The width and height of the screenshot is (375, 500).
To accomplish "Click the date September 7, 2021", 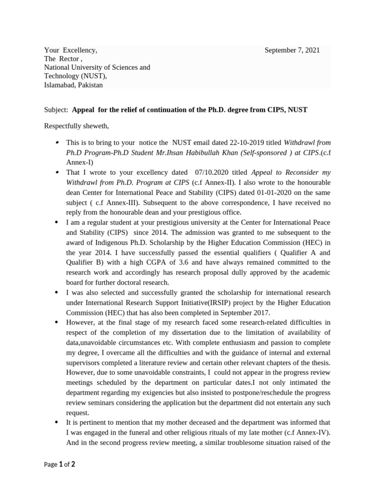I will click(x=292, y=50).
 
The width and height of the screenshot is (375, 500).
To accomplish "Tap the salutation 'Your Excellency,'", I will click(x=71, y=50).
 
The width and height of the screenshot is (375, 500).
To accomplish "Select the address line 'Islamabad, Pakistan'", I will click(x=74, y=85).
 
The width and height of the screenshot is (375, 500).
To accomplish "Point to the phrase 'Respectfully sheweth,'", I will click(x=77, y=126).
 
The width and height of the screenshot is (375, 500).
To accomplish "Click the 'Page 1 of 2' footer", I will click(x=60, y=464).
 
